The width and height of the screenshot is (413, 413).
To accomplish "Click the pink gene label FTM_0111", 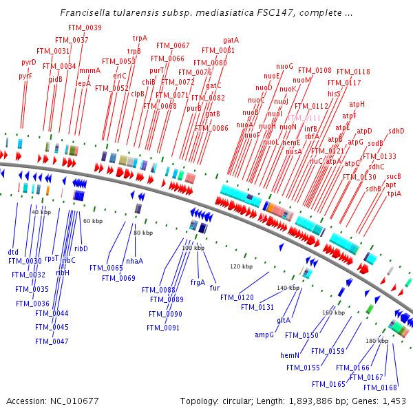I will click(x=304, y=118).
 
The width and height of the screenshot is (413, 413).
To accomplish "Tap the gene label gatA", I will click(x=231, y=40).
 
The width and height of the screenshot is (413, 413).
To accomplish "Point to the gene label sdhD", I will click(x=396, y=131).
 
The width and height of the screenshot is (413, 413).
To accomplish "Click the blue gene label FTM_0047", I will click(x=52, y=341).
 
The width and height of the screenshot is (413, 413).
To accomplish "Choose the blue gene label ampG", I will click(x=265, y=335).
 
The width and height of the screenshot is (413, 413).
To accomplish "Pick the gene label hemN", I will click(x=288, y=355).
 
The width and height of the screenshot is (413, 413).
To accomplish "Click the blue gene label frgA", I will click(x=198, y=282).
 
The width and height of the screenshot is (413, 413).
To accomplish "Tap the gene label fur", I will click(x=215, y=287).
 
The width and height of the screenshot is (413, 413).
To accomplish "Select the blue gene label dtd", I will click(x=13, y=252).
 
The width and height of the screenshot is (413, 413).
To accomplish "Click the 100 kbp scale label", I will click(x=193, y=248).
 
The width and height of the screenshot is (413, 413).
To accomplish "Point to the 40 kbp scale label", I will click(x=41, y=212).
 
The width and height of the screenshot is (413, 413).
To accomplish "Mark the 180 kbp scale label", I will click(x=377, y=341).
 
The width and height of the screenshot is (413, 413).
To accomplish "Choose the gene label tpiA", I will click(x=394, y=193).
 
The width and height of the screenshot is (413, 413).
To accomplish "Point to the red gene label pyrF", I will click(x=25, y=76).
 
